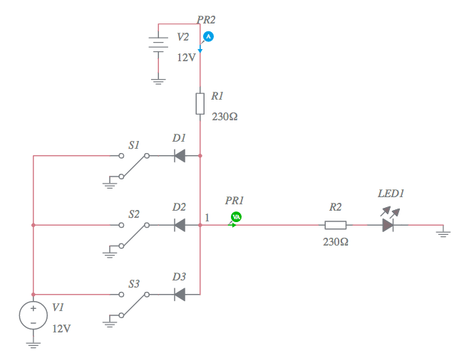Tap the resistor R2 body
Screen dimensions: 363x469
(336, 225)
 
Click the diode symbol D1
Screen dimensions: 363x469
(180, 154)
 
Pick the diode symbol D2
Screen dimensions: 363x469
(180, 225)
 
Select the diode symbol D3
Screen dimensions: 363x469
(180, 294)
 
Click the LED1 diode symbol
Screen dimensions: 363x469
(388, 225)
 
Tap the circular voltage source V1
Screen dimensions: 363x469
(33, 316)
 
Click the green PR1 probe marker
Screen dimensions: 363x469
(236, 217)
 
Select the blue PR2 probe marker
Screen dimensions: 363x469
(208, 36)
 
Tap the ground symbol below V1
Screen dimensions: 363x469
(33, 344)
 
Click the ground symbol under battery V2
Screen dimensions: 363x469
(158, 81)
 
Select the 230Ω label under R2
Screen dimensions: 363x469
(335, 242)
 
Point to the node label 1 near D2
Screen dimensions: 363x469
(207, 217)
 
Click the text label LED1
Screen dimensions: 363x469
(391, 194)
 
